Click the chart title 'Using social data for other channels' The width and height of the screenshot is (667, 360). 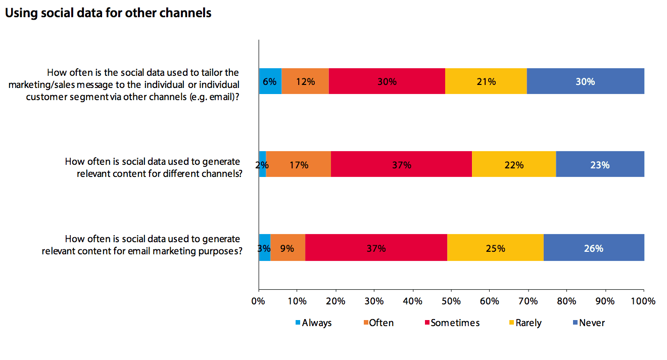(x=108, y=14)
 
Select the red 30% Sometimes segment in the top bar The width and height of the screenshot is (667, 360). (x=387, y=81)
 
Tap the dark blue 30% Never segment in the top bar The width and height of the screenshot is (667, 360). (x=585, y=81)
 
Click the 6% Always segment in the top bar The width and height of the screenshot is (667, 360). (x=270, y=81)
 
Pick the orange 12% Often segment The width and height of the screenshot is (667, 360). (x=305, y=81)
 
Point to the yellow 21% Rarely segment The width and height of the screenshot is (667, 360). (x=486, y=81)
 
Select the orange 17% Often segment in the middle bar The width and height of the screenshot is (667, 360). (x=298, y=164)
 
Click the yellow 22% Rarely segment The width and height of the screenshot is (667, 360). (x=514, y=164)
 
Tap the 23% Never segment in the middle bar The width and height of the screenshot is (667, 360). (x=600, y=164)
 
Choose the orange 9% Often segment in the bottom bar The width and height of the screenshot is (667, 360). (x=288, y=248)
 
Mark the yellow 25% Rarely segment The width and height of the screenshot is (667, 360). (x=495, y=248)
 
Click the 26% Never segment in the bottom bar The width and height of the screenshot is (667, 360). (x=594, y=248)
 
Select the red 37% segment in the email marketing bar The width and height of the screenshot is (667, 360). (x=376, y=248)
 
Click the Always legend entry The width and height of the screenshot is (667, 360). (x=313, y=323)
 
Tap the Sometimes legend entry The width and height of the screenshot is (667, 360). (x=451, y=323)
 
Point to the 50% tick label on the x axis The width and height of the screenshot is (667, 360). (x=451, y=301)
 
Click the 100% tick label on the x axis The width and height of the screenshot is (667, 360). (x=643, y=301)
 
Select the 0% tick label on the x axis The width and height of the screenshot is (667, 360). (x=259, y=301)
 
